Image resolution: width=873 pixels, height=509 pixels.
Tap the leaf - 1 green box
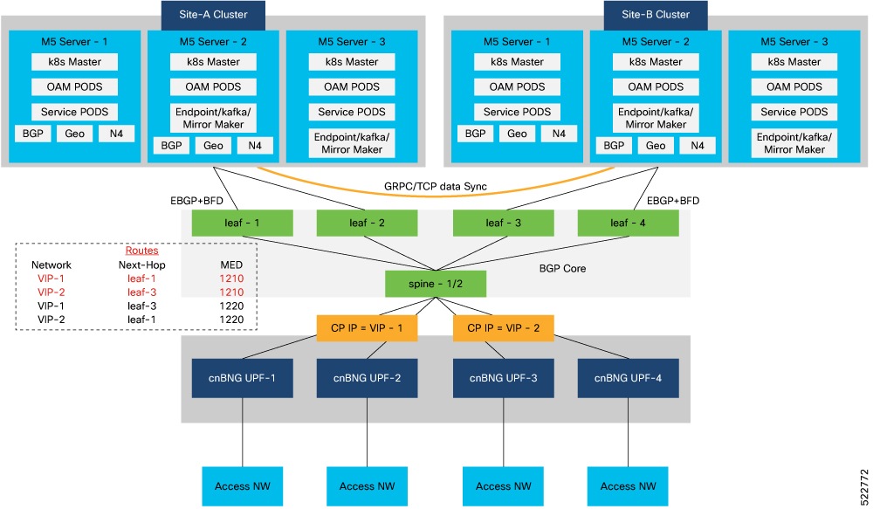244,224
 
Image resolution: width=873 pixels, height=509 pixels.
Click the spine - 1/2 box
436,284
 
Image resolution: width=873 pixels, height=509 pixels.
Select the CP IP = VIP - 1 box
367,327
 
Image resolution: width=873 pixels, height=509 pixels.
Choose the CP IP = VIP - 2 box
504,327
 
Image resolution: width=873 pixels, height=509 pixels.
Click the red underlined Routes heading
141,250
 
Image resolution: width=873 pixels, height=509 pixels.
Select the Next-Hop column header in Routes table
141,265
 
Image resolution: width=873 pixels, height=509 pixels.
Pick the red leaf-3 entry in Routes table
141,292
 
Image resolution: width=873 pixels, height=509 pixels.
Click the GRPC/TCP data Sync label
436,187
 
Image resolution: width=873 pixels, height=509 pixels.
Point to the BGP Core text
562,269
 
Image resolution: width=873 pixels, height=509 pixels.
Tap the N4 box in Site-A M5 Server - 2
255,147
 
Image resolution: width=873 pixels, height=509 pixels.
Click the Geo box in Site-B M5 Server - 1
517,134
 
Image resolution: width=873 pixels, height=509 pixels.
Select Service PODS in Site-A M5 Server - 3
351,112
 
